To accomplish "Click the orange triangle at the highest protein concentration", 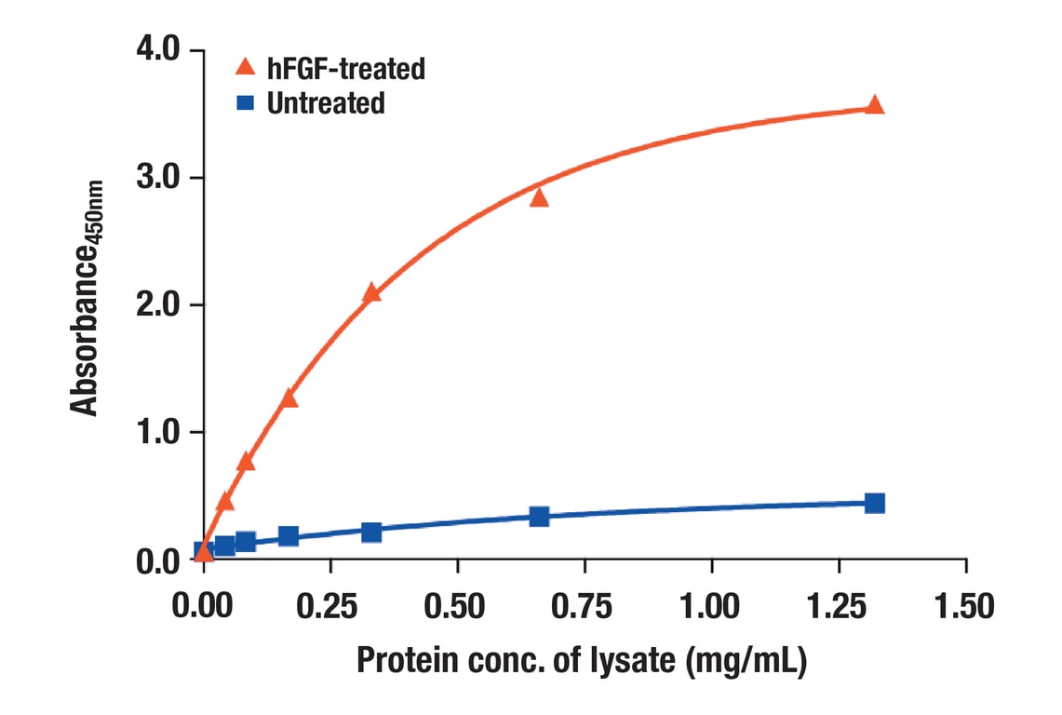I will click(x=874, y=105).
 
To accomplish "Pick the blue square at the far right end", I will click(x=874, y=504).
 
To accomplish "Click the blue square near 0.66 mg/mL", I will click(x=539, y=516).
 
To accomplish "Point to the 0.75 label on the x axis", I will click(x=585, y=606).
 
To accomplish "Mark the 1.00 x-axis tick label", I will click(x=712, y=606).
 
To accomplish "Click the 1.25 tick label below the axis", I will click(x=839, y=606).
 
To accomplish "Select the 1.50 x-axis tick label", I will click(x=965, y=606).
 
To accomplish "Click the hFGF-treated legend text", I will click(x=345, y=68).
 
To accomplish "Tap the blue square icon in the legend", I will click(x=246, y=102).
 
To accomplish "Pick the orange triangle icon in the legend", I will click(x=246, y=66).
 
